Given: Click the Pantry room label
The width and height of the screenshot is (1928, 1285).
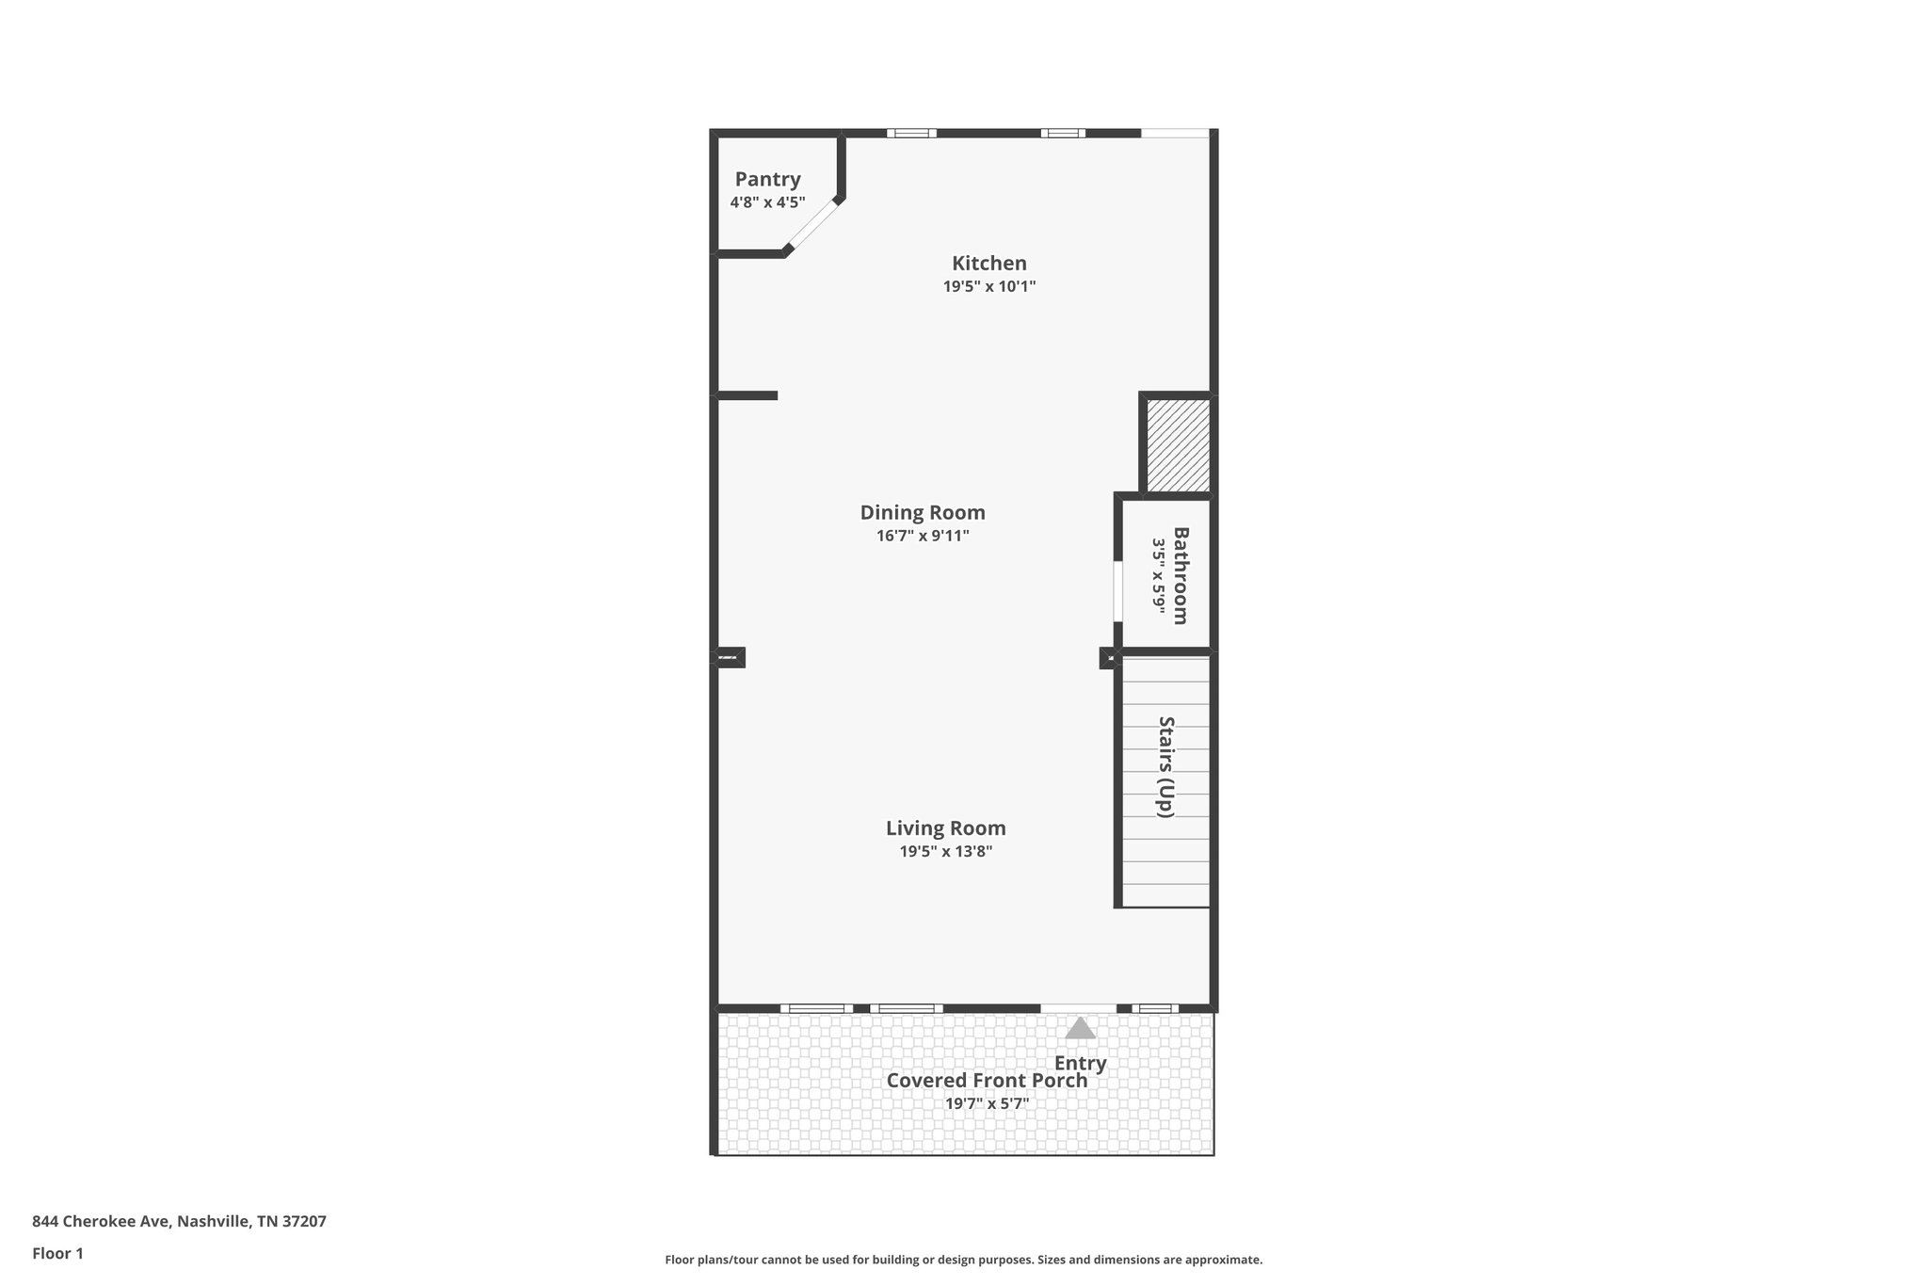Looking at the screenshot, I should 767,179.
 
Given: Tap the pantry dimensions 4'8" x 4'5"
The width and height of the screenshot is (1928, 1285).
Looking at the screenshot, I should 767,202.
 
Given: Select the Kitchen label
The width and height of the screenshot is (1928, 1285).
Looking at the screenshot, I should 988,264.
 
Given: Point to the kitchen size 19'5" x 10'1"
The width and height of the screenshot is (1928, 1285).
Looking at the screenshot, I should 988,286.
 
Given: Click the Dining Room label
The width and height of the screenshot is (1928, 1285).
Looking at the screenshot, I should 923,513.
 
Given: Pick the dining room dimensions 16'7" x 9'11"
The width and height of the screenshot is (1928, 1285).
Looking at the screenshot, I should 923,536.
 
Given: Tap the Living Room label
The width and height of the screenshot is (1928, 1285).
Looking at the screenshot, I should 945,828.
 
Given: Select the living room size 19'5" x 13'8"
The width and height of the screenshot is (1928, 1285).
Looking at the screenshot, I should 945,852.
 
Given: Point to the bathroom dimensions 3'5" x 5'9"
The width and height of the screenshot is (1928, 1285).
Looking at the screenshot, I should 1158,575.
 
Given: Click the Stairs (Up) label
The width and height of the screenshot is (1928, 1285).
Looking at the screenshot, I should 1166,767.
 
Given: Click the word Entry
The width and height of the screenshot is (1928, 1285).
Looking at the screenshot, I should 1080,1064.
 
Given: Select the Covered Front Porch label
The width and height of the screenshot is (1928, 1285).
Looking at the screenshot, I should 987,1081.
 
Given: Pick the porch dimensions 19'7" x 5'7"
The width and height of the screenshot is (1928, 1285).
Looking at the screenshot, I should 987,1103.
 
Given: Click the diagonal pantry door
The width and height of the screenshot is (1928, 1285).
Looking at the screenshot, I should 811,225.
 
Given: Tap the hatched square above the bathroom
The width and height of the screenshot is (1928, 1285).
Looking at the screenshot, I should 1178,444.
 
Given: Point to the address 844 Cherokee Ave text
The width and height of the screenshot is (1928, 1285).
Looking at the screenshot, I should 179,1221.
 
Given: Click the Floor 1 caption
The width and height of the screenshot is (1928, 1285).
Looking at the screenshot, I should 57,1253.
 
